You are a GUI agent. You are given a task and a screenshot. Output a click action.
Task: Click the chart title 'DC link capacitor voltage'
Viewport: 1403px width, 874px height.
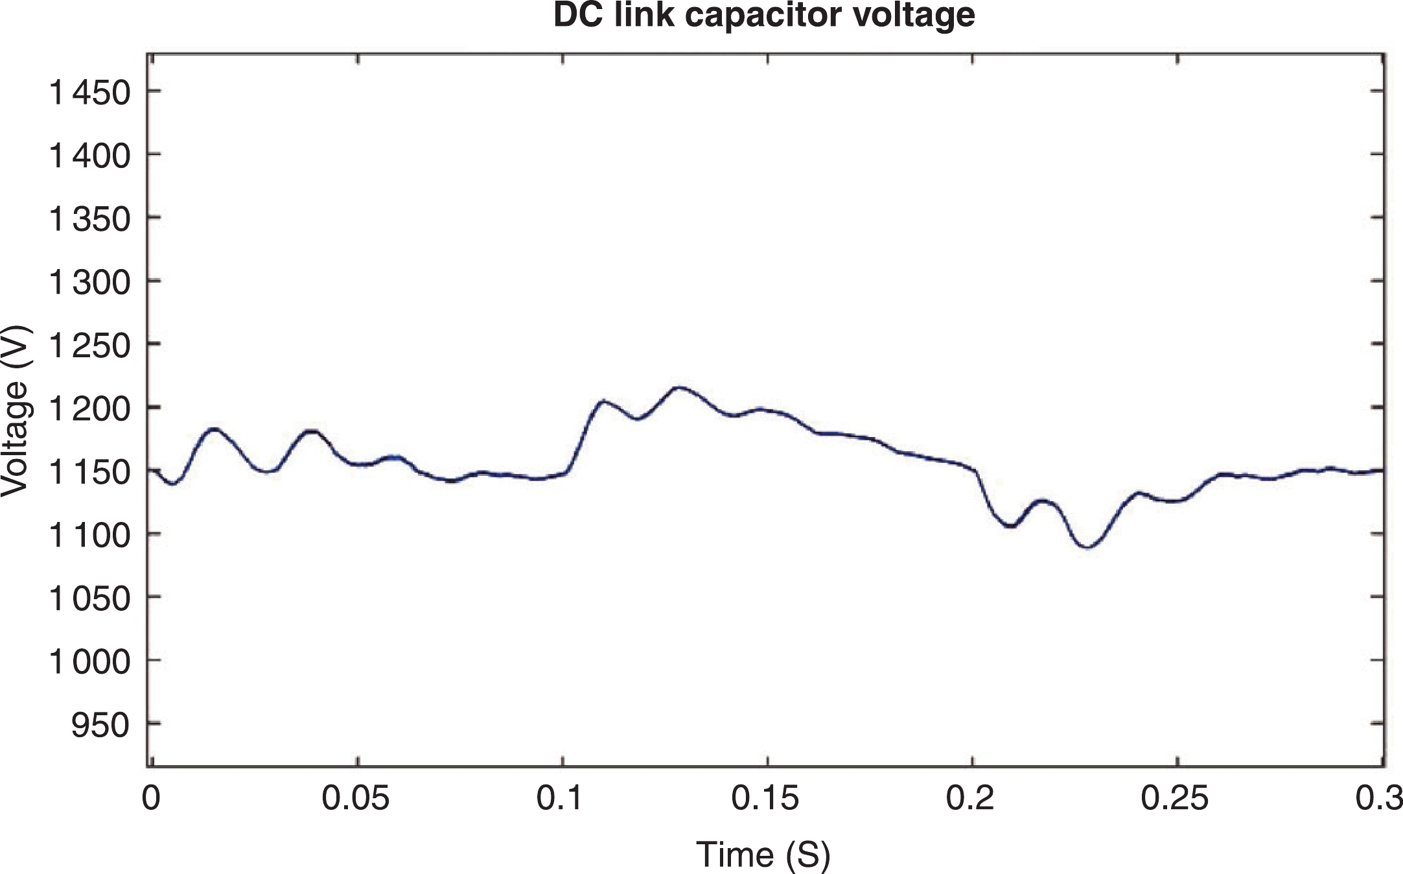(764, 15)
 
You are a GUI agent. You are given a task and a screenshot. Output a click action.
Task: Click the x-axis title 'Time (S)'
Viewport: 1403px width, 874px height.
(763, 854)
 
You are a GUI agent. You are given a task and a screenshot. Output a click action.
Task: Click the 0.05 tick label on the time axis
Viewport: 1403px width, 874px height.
(356, 799)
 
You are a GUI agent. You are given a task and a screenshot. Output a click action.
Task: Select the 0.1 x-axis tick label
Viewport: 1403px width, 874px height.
(562, 799)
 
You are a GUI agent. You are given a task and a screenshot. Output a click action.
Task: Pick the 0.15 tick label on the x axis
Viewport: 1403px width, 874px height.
(765, 799)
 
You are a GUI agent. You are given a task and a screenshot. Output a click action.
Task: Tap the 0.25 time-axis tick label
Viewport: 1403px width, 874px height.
(1175, 799)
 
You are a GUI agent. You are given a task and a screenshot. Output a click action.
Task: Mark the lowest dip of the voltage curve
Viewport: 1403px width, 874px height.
(1088, 548)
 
